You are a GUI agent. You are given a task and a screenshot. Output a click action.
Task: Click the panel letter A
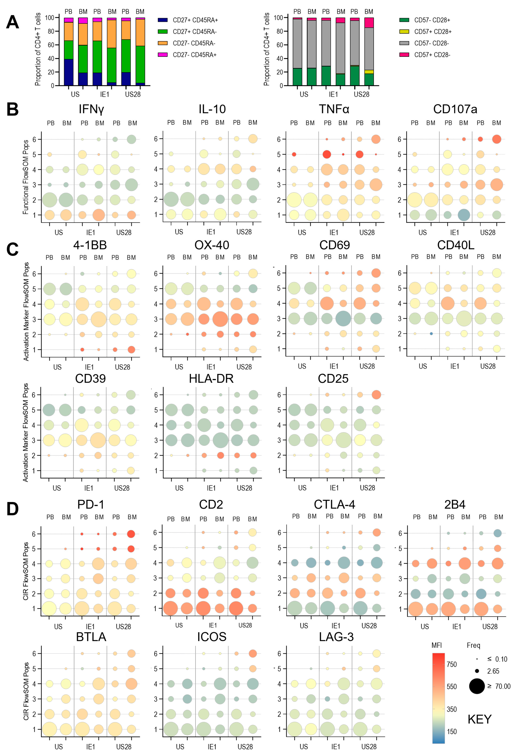[12, 22]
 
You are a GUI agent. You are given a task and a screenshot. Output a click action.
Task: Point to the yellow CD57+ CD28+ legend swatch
[404, 31]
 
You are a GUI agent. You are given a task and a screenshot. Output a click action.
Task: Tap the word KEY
[479, 719]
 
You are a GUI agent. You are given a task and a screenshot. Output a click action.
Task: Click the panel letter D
[12, 509]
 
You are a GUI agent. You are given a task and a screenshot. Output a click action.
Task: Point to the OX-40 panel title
[212, 245]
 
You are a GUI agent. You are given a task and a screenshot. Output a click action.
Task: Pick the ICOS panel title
[212, 637]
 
